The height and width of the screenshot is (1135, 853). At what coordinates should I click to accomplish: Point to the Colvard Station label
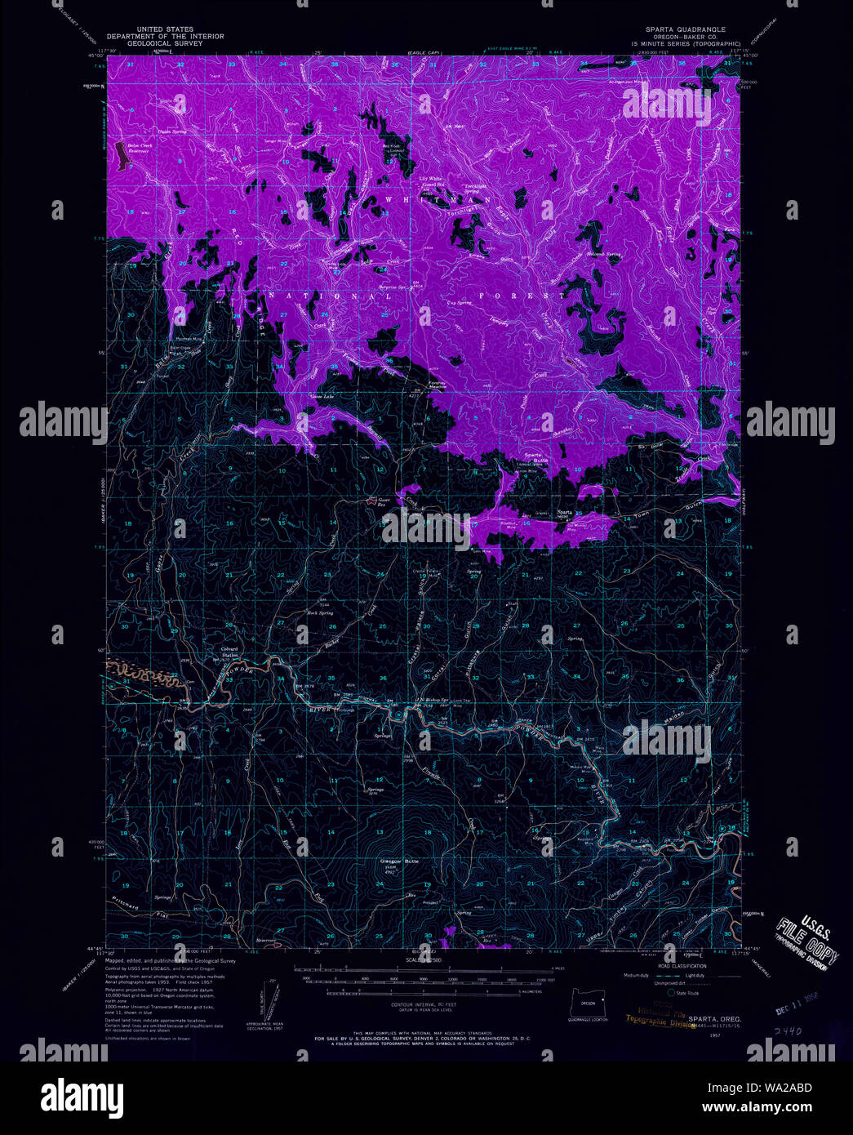click(x=229, y=651)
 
